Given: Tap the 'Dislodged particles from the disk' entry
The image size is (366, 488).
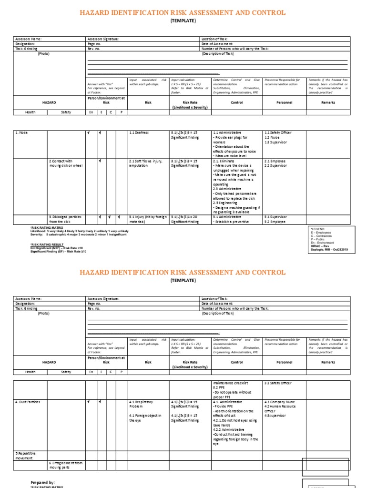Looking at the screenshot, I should tap(66, 219).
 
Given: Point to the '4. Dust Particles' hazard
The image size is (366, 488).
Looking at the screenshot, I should tap(28, 402).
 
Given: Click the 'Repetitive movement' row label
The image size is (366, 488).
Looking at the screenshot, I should tap(24, 456).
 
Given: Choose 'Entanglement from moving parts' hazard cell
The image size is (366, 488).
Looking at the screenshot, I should tap(66, 465).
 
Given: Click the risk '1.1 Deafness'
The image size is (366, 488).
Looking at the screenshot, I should tap(139, 132).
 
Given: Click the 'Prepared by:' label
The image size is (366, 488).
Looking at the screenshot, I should tap(42, 482).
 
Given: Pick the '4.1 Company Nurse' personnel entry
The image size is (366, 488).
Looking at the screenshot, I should tap(279, 402).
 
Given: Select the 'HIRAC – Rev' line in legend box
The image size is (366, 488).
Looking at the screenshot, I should tap(320, 246).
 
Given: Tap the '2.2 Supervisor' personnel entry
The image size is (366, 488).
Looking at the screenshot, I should tap(275, 165).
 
